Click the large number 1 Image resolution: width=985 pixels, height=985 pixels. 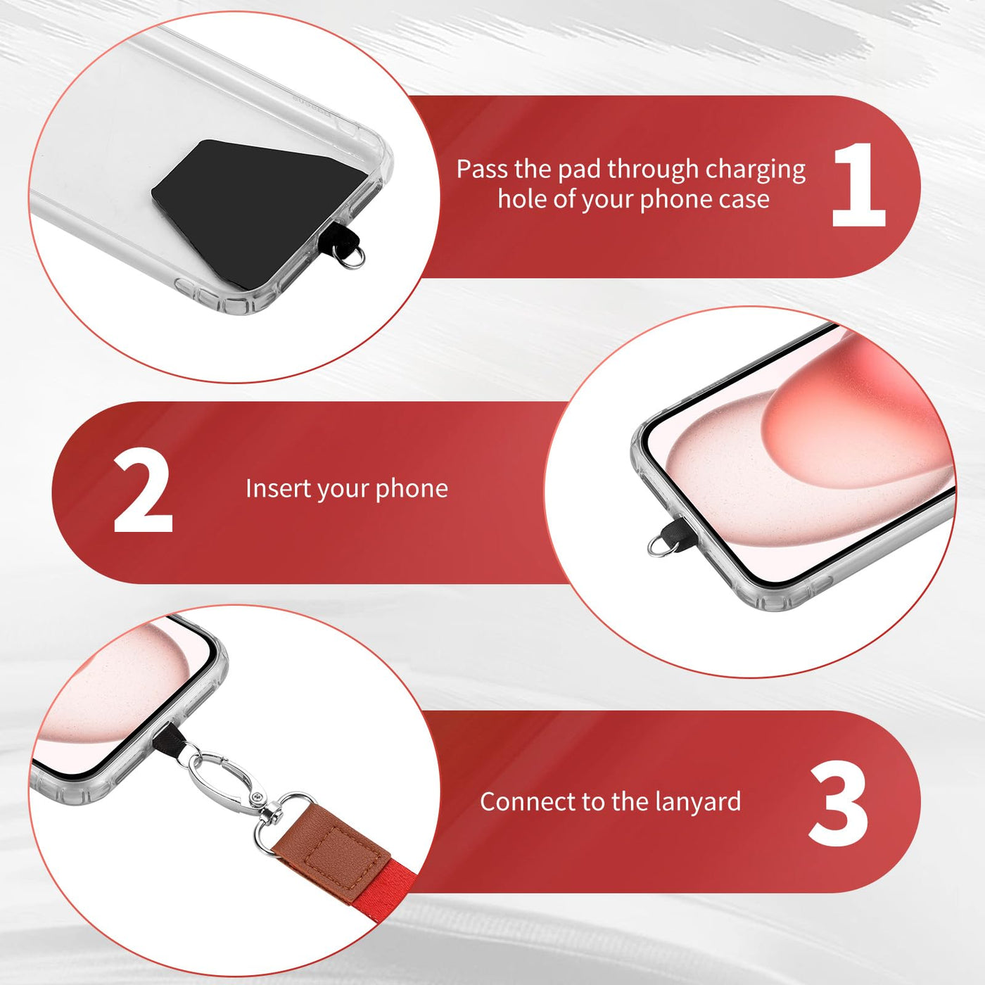click(858, 184)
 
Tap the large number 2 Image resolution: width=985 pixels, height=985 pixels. click(143, 490)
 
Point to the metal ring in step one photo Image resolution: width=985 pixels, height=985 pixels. click(352, 257)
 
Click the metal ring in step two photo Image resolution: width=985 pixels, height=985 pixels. click(663, 546)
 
